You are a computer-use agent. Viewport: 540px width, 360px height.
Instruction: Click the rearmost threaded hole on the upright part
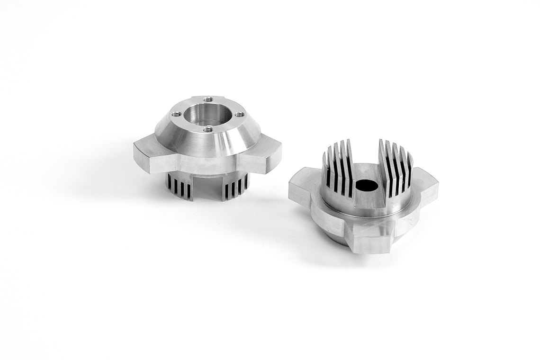tap(208, 99)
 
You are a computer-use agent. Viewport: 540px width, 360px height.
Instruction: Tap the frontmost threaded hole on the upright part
tap(207, 129)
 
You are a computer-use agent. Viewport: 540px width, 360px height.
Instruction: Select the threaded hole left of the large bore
tap(176, 114)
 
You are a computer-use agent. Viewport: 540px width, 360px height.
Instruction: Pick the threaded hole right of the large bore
tap(240, 114)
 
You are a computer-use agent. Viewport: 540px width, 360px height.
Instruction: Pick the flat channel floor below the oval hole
tap(369, 202)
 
